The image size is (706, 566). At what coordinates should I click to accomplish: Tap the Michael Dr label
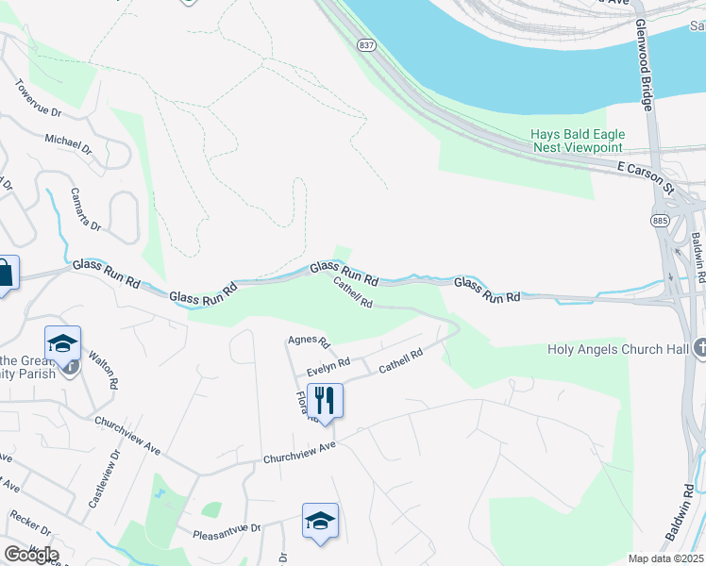point(68,143)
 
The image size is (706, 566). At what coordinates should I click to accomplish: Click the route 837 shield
point(367,44)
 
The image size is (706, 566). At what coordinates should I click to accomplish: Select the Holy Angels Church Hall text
point(619,349)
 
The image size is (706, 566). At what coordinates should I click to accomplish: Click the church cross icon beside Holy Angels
point(699,348)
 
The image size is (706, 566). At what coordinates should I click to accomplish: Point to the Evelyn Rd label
point(329,363)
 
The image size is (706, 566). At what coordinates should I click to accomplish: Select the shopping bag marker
point(4,275)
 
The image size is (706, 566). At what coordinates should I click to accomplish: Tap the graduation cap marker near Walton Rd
point(62,344)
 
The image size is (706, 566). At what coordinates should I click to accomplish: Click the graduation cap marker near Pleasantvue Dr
point(320,521)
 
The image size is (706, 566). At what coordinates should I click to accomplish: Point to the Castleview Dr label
point(105,478)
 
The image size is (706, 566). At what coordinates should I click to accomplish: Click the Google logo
point(31,555)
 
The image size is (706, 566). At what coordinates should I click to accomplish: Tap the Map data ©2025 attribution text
point(666,558)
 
